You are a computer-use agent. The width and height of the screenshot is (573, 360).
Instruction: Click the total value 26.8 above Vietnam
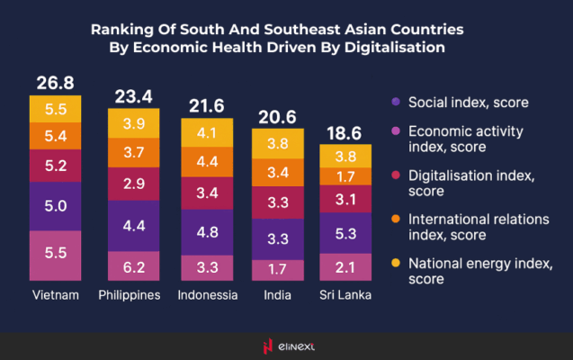coord(55,84)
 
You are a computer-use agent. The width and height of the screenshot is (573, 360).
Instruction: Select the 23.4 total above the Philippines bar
coord(133,96)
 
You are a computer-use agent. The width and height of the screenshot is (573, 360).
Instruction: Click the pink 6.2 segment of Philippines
coord(133,266)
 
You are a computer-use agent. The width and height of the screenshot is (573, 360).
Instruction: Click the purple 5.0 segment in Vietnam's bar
coord(55,206)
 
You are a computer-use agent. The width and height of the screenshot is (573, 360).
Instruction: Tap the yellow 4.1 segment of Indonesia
coord(207,131)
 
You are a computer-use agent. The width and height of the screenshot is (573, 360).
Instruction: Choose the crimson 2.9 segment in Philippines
coord(133,184)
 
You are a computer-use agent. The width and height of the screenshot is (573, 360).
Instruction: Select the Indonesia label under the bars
coord(207,295)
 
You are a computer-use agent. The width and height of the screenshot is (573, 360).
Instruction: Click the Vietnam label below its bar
coord(55,295)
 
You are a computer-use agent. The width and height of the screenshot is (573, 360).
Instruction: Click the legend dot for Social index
coord(397,101)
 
